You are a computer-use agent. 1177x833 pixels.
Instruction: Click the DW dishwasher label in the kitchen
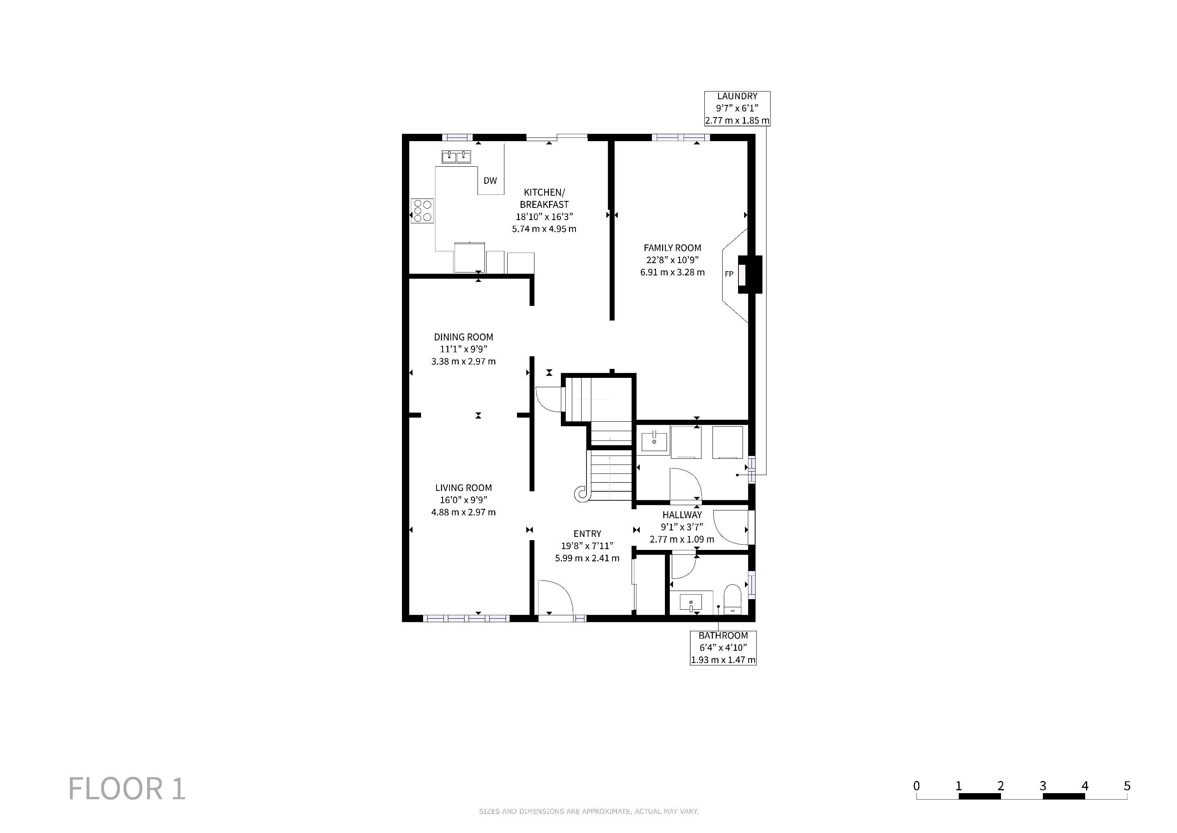(x=490, y=181)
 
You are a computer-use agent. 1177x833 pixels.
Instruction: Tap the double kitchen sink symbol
(x=456, y=156)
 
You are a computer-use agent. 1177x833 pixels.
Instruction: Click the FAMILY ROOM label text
(x=672, y=248)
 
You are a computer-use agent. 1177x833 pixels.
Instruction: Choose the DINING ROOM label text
(x=463, y=337)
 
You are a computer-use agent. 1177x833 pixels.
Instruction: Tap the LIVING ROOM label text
(x=463, y=488)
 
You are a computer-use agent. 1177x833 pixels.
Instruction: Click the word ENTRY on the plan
(x=587, y=534)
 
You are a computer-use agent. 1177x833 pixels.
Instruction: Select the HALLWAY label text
(x=682, y=515)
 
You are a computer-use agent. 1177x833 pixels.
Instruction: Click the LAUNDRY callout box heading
(x=737, y=96)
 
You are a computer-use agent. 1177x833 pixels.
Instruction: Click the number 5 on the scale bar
(x=1127, y=786)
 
